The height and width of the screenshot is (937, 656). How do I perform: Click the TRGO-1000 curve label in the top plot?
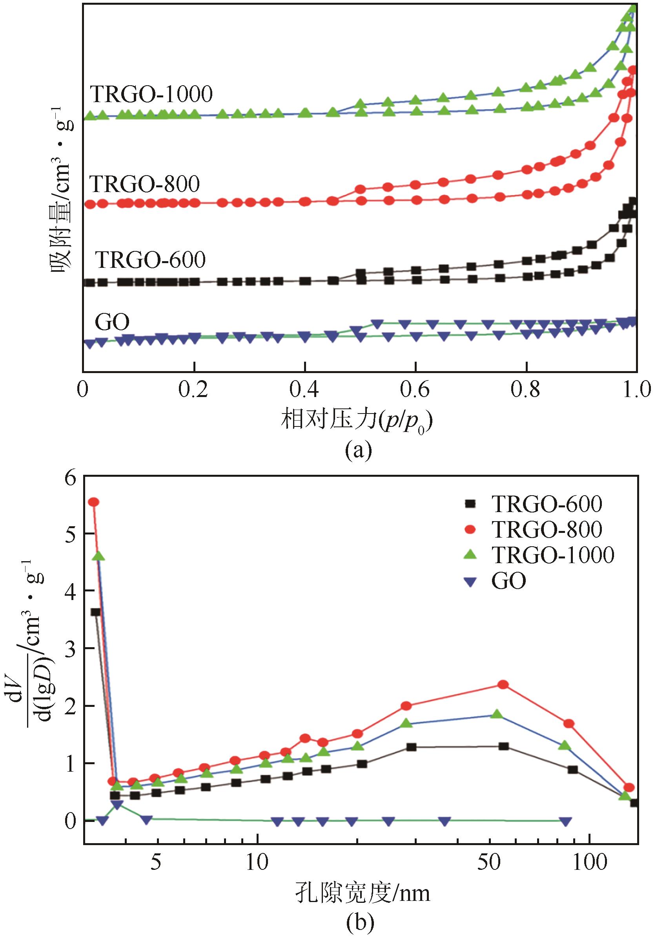pyautogui.click(x=151, y=94)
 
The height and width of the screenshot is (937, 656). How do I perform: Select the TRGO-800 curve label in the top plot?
pyautogui.click(x=145, y=184)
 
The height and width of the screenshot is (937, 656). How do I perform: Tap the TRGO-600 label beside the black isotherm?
pyautogui.click(x=150, y=260)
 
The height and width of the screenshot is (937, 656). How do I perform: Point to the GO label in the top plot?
pyautogui.click(x=112, y=322)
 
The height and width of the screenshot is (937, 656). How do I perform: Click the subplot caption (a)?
pyautogui.click(x=358, y=450)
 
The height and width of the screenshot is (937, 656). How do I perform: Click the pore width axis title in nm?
pyautogui.click(x=362, y=893)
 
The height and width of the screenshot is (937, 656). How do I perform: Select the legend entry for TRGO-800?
pyautogui.click(x=546, y=529)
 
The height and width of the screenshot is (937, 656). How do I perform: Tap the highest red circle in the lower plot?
pyautogui.click(x=94, y=502)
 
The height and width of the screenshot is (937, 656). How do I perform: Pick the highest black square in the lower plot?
pyautogui.click(x=96, y=612)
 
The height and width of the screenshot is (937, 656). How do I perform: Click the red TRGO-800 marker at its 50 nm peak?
pyautogui.click(x=503, y=684)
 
